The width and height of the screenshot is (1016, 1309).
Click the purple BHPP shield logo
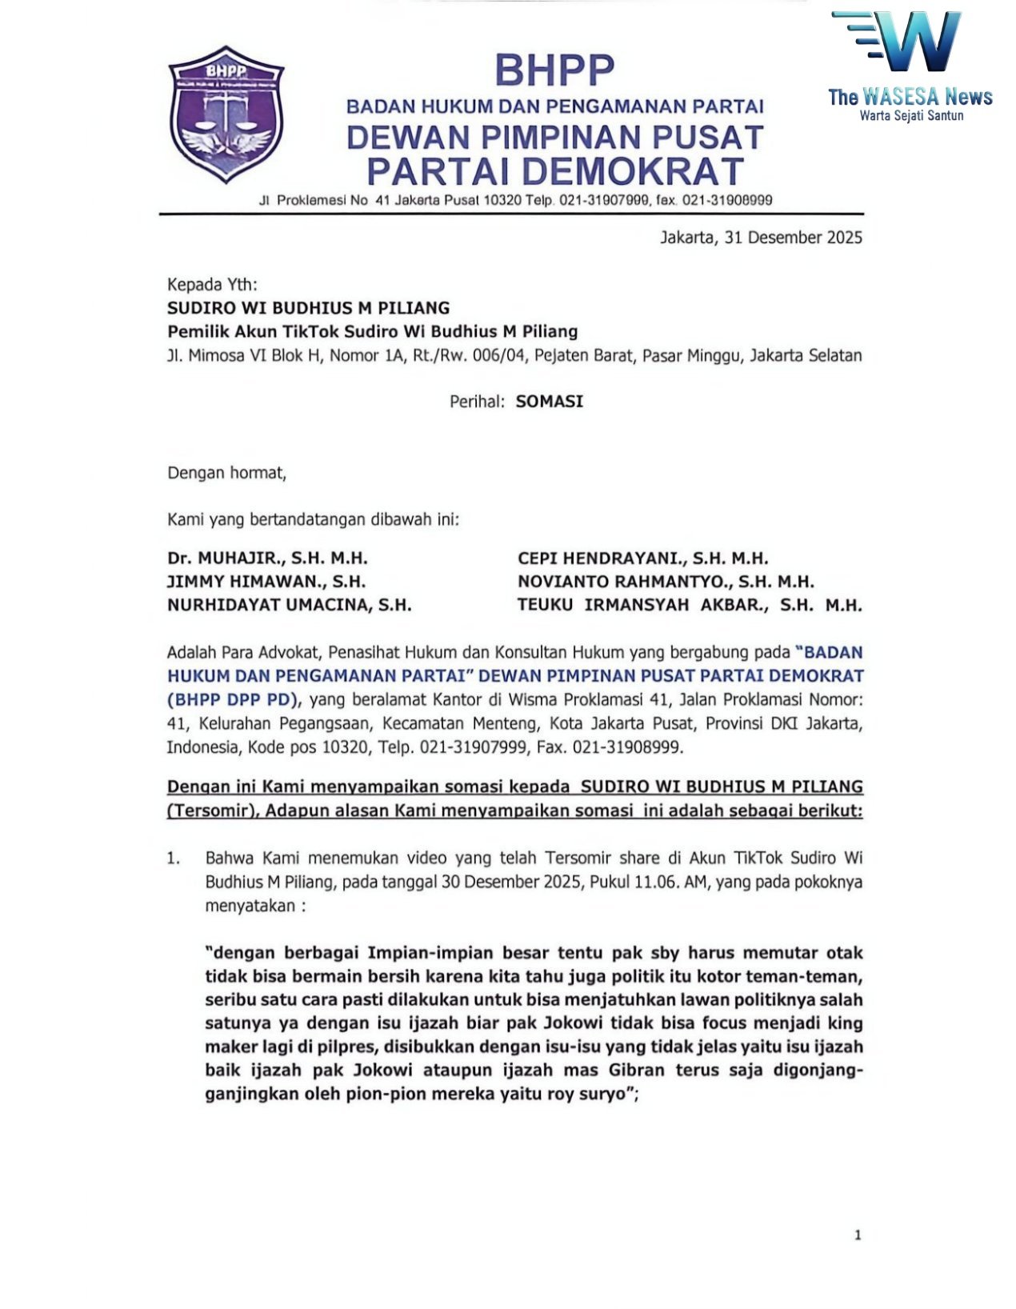click(x=226, y=114)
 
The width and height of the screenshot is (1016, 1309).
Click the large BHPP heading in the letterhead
click(x=554, y=70)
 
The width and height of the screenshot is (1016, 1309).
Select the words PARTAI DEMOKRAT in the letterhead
click(x=554, y=171)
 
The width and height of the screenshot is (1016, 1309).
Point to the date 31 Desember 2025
click(x=793, y=238)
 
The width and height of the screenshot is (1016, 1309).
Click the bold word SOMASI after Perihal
click(x=549, y=402)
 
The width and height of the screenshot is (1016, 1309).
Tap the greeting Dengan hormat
click(x=226, y=473)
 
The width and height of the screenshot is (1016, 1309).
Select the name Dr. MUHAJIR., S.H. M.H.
click(x=267, y=558)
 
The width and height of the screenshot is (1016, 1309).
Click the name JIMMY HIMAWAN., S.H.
click(x=266, y=582)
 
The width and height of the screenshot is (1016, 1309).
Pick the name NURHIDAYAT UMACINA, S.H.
click(x=289, y=605)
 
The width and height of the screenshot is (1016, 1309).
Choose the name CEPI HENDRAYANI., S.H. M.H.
click(x=642, y=558)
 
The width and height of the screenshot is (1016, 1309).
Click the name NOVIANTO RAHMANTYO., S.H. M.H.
click(x=665, y=582)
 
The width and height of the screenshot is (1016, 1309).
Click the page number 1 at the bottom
click(x=858, y=1235)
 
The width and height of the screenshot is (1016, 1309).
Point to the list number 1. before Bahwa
click(x=174, y=859)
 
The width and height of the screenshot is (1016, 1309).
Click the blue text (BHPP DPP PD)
click(x=233, y=699)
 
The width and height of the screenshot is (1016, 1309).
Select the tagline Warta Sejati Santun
click(x=911, y=115)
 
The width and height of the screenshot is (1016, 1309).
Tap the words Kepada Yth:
click(x=212, y=285)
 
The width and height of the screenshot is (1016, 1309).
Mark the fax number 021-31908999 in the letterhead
click(x=727, y=200)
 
